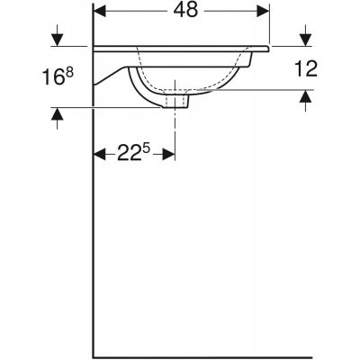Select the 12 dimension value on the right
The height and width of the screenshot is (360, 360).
306,68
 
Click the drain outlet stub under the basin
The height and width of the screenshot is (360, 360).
175,102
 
